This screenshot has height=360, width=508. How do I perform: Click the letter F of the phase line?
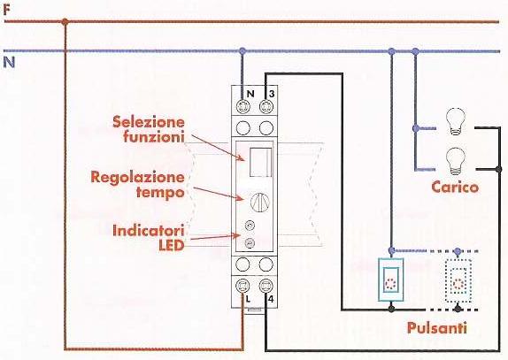pos(7,10)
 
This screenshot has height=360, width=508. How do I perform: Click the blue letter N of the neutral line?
pos(9,62)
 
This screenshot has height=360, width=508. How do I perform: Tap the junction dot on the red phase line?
pos(65,22)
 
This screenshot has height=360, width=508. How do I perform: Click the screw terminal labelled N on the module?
pos(242,106)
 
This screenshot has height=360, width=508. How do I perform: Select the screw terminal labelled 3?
pos(266,106)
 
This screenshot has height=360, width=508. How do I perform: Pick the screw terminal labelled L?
pos(242,286)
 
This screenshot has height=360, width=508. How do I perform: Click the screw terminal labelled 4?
pos(266,286)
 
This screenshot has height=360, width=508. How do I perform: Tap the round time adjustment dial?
pos(260,203)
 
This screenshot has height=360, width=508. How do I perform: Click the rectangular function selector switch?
pos(260,162)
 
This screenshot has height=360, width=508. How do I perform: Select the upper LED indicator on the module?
pos(250,226)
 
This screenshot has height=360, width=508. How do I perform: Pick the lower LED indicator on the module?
pos(250,243)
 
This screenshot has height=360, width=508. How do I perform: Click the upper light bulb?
pos(456,121)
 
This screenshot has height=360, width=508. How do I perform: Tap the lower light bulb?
pos(456,162)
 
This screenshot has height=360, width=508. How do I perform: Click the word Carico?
pos(455,188)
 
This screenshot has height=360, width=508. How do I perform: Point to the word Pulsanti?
pos(436,327)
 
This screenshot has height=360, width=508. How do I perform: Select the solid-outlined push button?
pos(391,280)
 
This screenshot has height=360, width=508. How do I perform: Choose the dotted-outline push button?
pos(458,280)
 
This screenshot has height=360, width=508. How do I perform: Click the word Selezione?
pos(149,122)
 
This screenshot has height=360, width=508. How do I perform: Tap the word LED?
pos(171,245)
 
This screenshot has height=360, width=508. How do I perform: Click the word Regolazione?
pos(138,178)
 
